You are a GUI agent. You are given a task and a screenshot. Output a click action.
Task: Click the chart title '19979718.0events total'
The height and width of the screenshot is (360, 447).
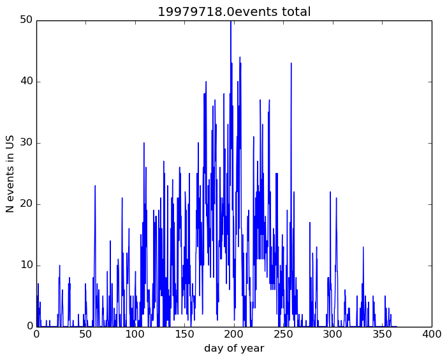click(234, 11)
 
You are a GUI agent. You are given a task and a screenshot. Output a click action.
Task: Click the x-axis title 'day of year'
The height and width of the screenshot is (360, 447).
click(234, 349)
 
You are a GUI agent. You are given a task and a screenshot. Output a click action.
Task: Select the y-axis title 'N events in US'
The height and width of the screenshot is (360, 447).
click(10, 174)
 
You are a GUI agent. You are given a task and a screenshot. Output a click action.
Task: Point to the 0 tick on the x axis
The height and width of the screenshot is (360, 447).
click(36, 334)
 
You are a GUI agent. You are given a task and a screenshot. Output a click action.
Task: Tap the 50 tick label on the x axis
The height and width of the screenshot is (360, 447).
click(85, 334)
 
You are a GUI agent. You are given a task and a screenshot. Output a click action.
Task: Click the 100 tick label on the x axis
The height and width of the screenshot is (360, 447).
click(135, 334)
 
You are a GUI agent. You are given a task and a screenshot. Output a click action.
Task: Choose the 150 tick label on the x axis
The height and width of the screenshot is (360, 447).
click(184, 334)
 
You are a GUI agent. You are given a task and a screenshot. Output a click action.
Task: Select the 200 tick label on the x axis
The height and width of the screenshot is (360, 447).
click(234, 334)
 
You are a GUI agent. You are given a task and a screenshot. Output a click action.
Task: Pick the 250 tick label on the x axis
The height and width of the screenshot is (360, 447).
click(283, 334)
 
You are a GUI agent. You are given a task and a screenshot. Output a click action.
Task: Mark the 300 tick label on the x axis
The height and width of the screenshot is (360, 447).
click(333, 334)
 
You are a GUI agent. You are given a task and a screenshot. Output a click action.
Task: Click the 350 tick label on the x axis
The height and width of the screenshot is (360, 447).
click(382, 334)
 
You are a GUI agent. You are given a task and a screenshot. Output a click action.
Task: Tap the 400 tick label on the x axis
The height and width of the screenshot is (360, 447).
click(432, 334)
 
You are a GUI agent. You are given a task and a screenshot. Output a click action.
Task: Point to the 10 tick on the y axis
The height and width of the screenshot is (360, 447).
click(26, 266)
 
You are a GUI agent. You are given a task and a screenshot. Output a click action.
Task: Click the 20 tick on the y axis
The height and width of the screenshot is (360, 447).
click(26, 204)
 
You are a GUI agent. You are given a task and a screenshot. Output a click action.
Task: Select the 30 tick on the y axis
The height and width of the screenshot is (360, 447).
click(26, 143)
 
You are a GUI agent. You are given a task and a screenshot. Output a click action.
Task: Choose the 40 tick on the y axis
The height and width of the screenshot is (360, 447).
click(26, 82)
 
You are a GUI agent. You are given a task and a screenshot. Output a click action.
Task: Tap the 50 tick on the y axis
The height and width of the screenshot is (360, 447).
click(26, 20)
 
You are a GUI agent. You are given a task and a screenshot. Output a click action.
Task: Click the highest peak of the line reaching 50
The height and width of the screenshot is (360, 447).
click(231, 22)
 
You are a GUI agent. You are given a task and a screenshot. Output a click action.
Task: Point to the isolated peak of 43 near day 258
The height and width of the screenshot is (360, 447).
click(291, 64)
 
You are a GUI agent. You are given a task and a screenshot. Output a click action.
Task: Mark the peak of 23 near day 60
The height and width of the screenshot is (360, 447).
click(95, 186)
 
